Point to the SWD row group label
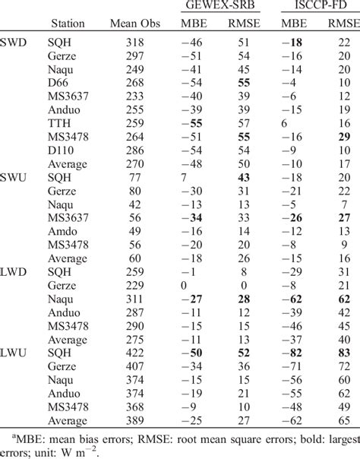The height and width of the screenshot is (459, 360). (14, 43)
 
